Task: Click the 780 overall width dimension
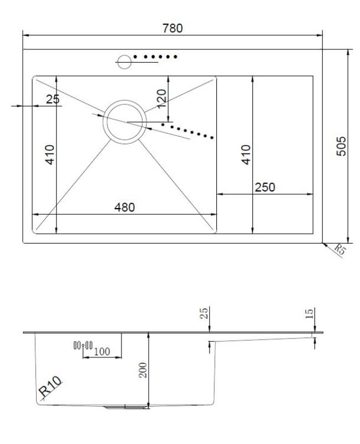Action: pos(173,28)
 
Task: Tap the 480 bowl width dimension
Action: pos(124,207)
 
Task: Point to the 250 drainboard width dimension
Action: pos(264,187)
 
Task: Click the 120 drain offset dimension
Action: pos(161,98)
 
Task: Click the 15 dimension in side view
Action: pos(310,314)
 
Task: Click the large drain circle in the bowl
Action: pos(125,122)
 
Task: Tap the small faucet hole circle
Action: pos(124,61)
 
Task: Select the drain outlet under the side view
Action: pos(126,407)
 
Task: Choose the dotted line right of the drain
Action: pos(192,131)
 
